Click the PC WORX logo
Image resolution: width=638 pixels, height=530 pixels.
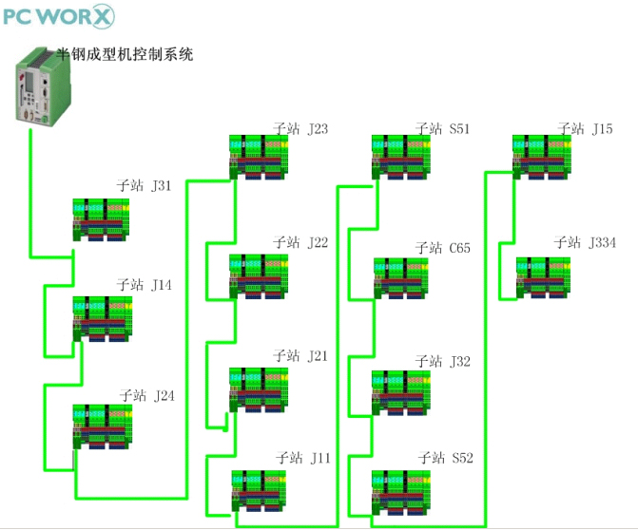58,17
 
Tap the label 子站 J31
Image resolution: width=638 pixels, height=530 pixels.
145,186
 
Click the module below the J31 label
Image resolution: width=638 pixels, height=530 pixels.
103,219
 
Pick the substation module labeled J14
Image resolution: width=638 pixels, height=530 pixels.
103,319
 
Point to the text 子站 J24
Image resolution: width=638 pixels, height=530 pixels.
147,395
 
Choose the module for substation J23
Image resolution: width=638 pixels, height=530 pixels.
258,157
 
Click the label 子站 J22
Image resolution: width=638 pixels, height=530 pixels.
300,243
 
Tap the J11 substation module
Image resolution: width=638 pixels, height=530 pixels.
259,490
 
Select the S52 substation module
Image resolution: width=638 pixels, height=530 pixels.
400,490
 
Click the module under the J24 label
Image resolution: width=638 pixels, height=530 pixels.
103,426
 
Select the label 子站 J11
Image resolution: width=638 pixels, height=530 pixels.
302,459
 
